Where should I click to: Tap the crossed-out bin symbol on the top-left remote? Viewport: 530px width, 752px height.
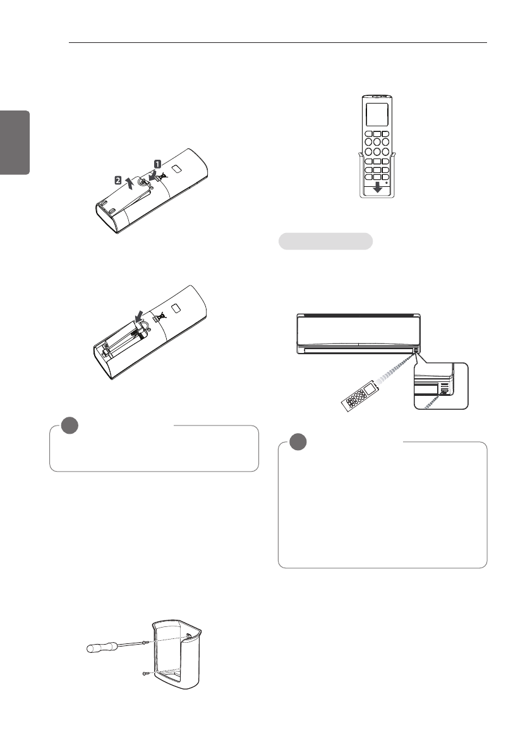(162, 177)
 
